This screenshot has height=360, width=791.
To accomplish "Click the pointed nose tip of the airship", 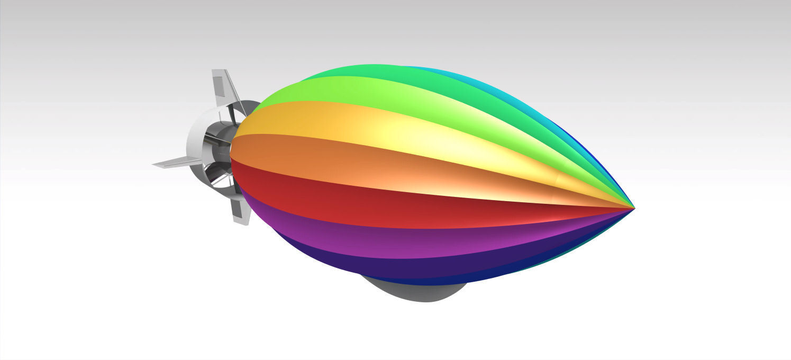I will (633, 209).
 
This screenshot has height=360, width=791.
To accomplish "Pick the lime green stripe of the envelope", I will (370, 95).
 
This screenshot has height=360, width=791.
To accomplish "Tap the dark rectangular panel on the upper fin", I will (218, 86).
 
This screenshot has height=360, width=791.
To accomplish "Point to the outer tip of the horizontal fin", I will (154, 165).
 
